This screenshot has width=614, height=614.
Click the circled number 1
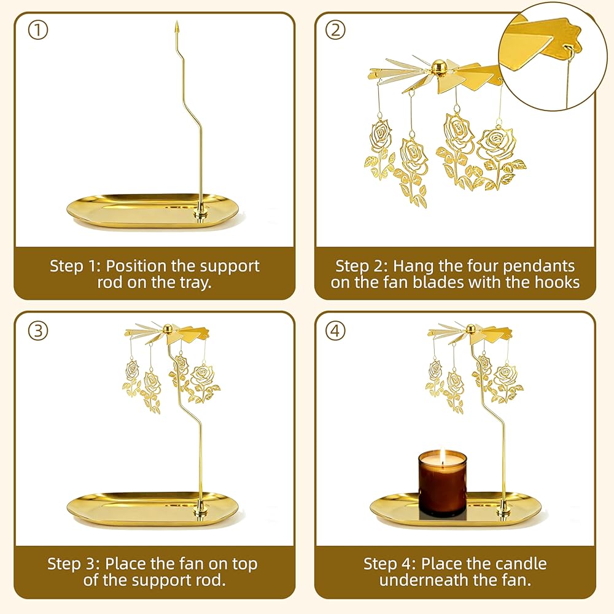pos(38,30)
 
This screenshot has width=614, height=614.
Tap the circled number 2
pos(336,30)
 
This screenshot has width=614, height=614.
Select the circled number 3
pos(38,331)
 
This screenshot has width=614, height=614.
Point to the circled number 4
pos(336,331)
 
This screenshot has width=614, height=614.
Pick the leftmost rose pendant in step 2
pos(379,149)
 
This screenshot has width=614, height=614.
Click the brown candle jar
pos(443,484)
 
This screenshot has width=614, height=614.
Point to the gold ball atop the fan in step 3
pos(168,328)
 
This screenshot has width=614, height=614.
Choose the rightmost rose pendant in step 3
pos(204,382)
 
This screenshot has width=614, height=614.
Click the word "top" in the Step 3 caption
pos(244,565)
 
